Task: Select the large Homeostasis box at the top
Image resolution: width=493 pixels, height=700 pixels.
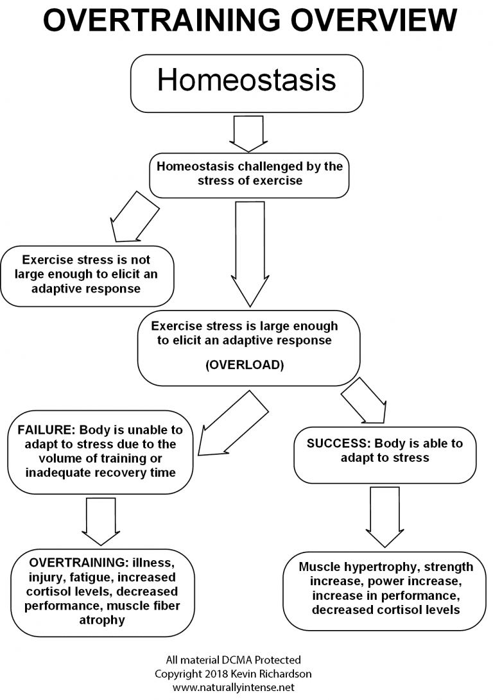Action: [246, 83]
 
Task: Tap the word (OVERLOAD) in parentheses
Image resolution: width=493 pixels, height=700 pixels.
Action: [245, 365]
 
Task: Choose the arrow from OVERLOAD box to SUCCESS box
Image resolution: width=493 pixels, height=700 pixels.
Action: [363, 402]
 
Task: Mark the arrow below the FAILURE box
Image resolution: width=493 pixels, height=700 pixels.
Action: [101, 520]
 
